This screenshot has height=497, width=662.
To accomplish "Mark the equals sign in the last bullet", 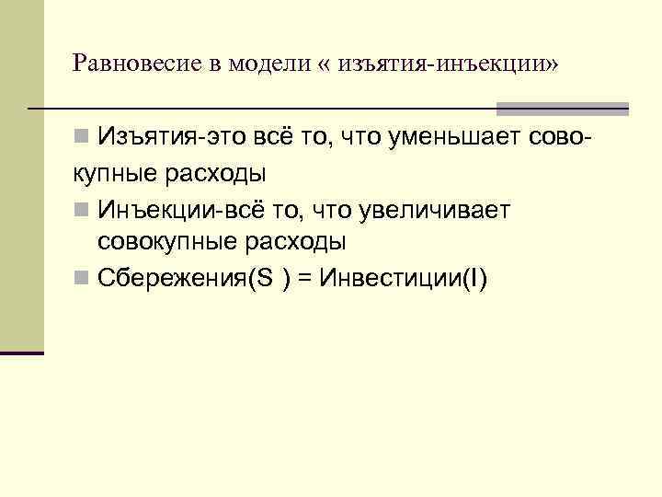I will click(x=308, y=279).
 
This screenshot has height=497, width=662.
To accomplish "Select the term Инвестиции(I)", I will click(x=402, y=279).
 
